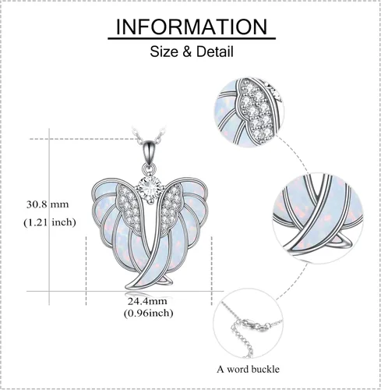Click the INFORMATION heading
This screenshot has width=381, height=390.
click(x=192, y=27)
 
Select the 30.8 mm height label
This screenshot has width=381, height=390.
click(x=48, y=204)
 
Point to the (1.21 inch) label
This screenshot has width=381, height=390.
click(x=50, y=222)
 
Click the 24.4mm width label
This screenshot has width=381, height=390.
click(x=147, y=301)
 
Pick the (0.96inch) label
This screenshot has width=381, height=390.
click(x=148, y=313)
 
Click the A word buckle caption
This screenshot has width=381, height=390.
click(x=248, y=369)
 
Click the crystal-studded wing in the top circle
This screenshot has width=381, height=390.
click(x=256, y=107)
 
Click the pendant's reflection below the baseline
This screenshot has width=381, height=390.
click(x=148, y=296)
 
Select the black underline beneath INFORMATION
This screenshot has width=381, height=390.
click(x=192, y=39)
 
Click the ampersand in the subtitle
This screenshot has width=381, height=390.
click(x=188, y=51)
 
